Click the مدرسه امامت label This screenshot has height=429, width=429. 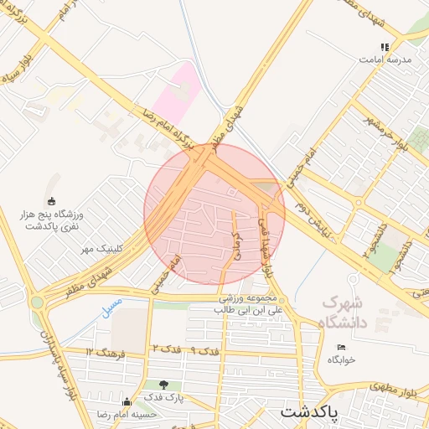point(385,59)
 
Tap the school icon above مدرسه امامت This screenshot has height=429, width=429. point(385,47)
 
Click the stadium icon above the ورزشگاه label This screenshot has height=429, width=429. point(52,201)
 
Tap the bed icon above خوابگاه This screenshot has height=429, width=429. point(341,348)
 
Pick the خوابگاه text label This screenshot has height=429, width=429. point(342,359)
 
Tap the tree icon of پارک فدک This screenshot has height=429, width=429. point(151,385)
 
